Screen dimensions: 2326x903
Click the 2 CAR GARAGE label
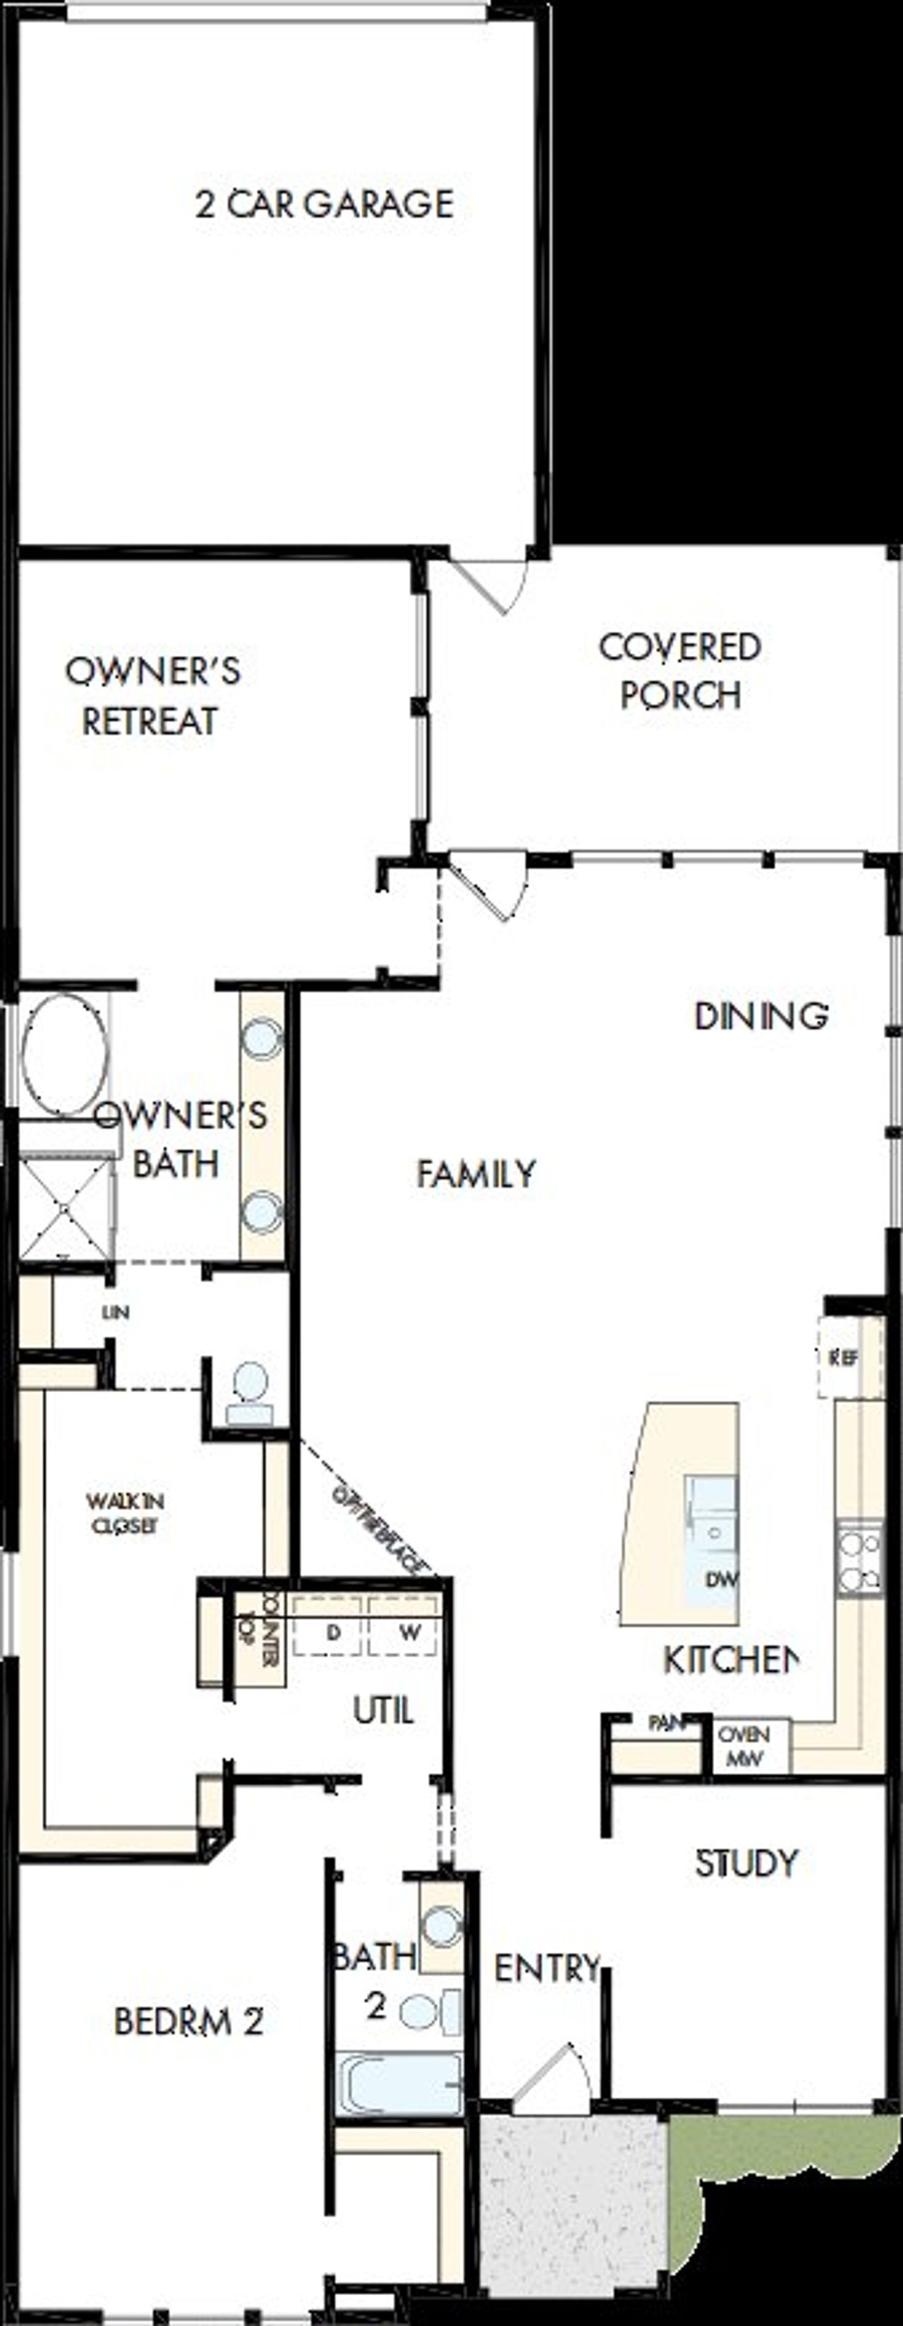point(325,204)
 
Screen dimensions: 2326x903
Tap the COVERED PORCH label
point(680,671)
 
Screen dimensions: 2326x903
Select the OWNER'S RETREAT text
point(152,696)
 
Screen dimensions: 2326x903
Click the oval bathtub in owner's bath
point(65,1054)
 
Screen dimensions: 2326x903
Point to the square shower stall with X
point(65,1208)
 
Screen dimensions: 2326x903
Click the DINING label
point(760,1016)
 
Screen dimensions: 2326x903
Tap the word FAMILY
point(476,1173)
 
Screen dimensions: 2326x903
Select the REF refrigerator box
point(844,1357)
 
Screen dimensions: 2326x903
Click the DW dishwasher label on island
point(722,1580)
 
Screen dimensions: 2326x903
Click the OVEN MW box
point(745,1745)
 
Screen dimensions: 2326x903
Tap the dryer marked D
point(332,1633)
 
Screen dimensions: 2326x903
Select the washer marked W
point(409,1633)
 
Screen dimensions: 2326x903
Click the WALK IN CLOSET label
point(123,1513)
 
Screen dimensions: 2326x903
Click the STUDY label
point(746,1862)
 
